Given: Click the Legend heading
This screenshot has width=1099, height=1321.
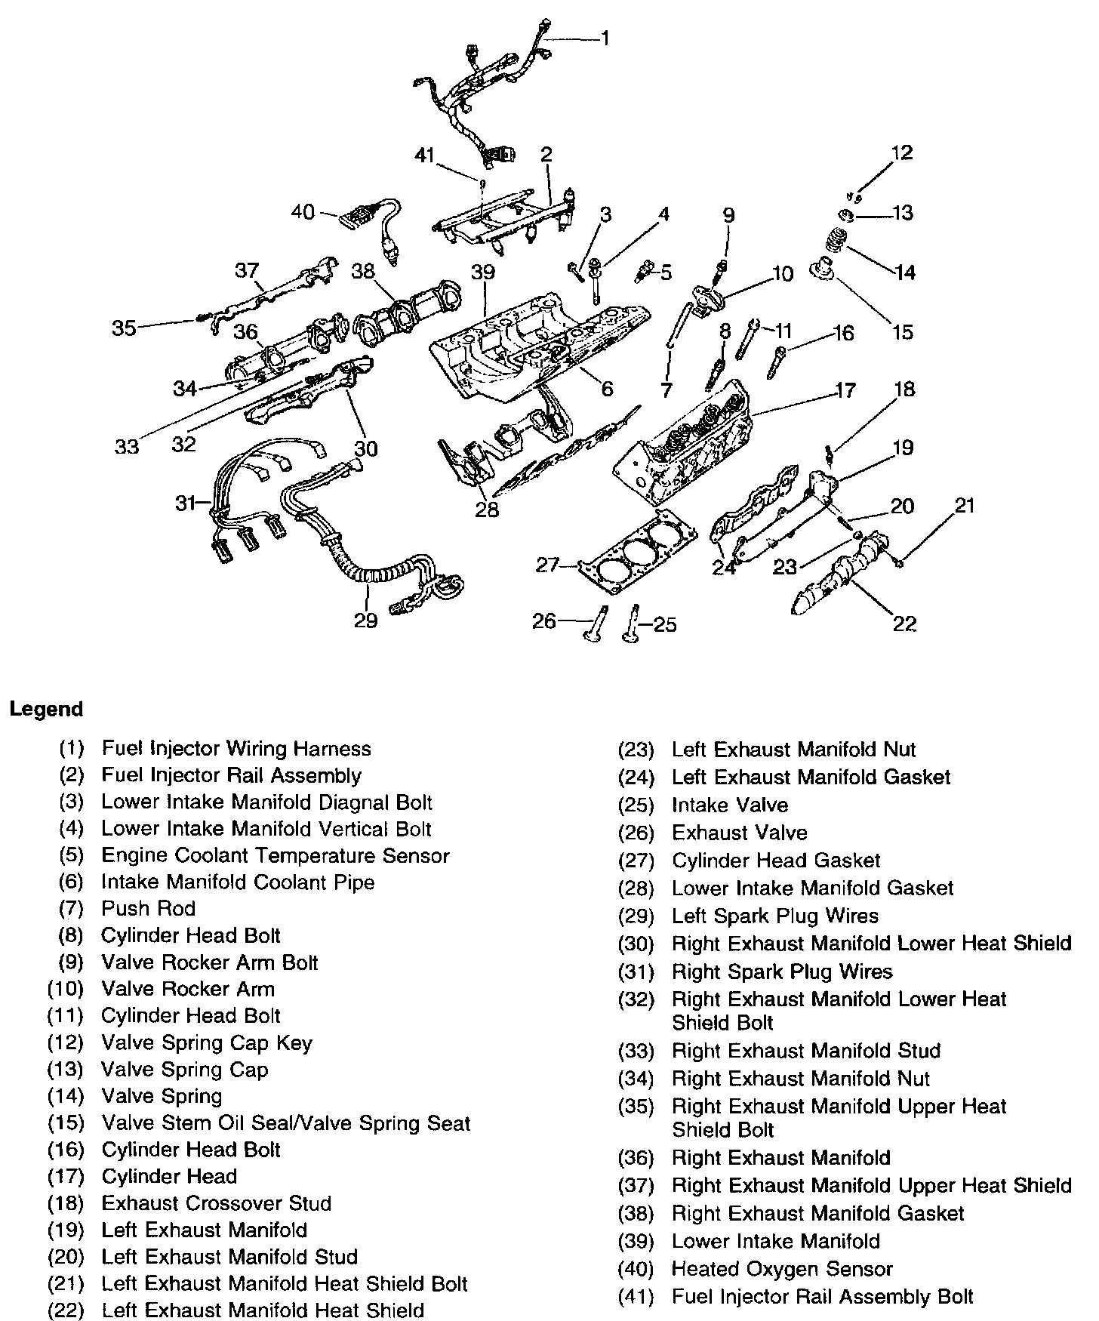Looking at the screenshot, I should click(46, 710).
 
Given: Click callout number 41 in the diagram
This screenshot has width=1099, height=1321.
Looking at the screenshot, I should click(426, 156).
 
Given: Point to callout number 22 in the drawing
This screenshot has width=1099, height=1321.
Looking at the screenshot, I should click(904, 624).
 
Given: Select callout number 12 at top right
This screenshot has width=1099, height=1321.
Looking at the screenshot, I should click(901, 153).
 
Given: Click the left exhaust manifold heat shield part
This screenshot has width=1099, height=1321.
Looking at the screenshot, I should click(838, 577).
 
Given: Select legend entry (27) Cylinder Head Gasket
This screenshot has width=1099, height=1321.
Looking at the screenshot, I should click(775, 861).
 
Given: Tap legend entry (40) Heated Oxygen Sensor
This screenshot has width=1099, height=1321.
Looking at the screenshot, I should click(781, 1270).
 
